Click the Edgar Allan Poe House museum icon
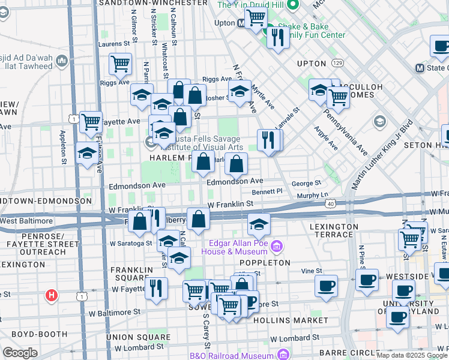(276, 246)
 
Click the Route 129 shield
(339, 62)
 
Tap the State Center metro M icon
(420, 68)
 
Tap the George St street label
(307, 183)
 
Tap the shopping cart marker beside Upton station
(256, 19)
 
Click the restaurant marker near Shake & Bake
(277, 38)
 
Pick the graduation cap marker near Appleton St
(87, 154)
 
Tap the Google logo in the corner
(20, 353)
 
